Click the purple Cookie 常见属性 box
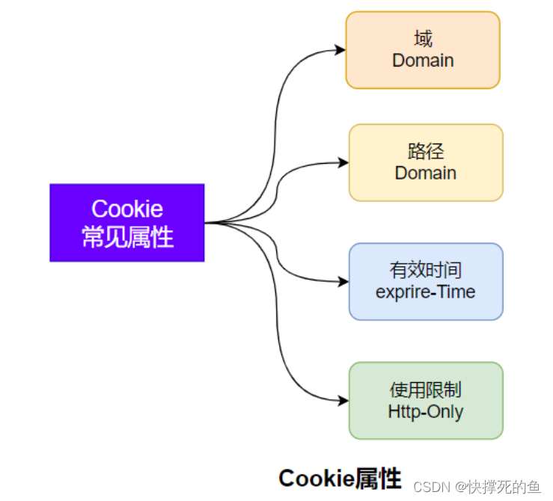click(x=126, y=222)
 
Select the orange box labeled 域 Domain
click(x=422, y=50)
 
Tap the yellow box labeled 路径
click(x=426, y=162)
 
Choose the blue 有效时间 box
click(x=426, y=281)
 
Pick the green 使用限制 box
click(x=426, y=400)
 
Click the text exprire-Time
click(x=426, y=292)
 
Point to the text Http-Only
click(x=426, y=411)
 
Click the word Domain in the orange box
click(x=423, y=61)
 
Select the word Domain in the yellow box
click(x=426, y=173)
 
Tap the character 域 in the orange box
click(x=423, y=39)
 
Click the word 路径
click(x=426, y=152)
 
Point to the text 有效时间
click(x=426, y=270)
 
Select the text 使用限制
click(x=426, y=390)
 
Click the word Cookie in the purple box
click(x=127, y=209)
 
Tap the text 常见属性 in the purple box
click(x=127, y=237)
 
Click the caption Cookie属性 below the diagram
click(x=340, y=478)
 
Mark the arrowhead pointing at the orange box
click(x=341, y=50)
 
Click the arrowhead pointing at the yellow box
click(x=344, y=162)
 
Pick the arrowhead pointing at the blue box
click(x=344, y=282)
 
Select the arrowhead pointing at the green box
click(x=344, y=401)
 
